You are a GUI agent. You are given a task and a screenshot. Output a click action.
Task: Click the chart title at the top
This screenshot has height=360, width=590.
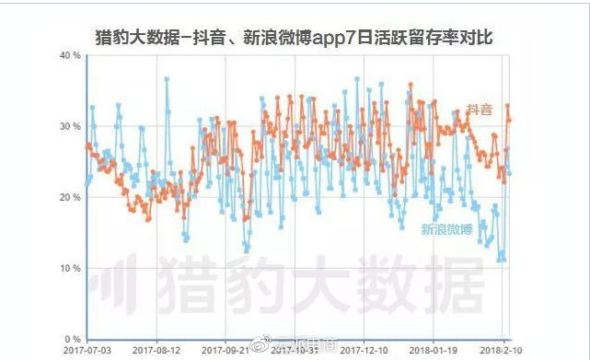pos(295,38)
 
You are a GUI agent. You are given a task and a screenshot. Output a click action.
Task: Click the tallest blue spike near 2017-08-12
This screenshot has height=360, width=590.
pos(167,79)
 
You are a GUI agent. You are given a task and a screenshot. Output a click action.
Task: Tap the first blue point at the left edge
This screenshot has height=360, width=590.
pos(87,184)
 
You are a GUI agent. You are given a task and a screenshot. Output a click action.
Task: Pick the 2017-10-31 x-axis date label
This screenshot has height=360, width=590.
pos(297,350)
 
